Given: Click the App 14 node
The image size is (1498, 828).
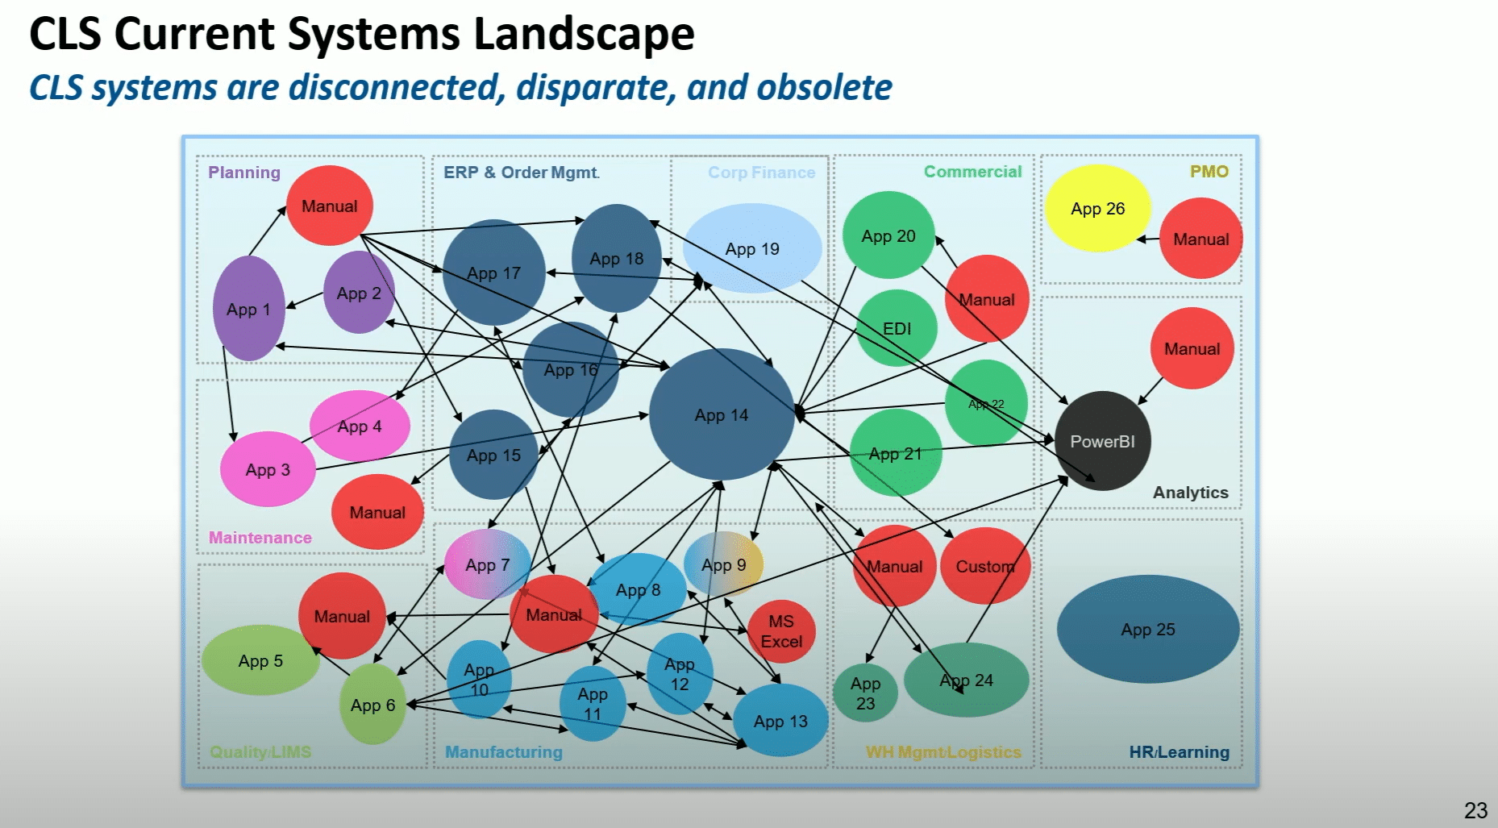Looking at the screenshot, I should click(722, 414).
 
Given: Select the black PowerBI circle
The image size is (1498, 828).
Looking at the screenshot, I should click(1102, 441).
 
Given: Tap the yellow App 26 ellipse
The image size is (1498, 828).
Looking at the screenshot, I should click(1097, 208).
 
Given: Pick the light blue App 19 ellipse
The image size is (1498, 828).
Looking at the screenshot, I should click(752, 248).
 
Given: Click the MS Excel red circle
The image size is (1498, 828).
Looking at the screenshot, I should click(781, 631).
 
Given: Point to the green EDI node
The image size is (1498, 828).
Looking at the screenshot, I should click(897, 328).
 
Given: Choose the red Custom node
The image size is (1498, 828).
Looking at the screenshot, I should click(985, 566).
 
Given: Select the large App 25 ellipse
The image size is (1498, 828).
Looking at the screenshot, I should click(1148, 629).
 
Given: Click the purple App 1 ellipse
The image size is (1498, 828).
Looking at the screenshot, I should click(248, 309).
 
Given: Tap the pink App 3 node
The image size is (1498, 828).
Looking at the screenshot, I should click(268, 469).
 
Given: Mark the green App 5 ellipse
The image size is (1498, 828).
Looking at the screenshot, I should click(260, 660).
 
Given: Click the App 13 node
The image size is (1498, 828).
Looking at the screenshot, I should click(780, 721).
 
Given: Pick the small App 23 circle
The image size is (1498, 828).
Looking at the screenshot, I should click(865, 693).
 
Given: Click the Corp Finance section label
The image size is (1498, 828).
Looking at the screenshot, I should click(761, 173).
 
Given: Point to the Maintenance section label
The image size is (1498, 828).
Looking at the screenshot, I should click(260, 538).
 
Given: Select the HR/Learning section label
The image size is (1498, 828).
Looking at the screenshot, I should click(1179, 752).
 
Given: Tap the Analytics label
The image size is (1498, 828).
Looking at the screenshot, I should click(1190, 493).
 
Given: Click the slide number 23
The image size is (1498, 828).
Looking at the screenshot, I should click(1475, 809).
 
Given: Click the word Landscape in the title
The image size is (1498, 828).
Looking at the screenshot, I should click(584, 34).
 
